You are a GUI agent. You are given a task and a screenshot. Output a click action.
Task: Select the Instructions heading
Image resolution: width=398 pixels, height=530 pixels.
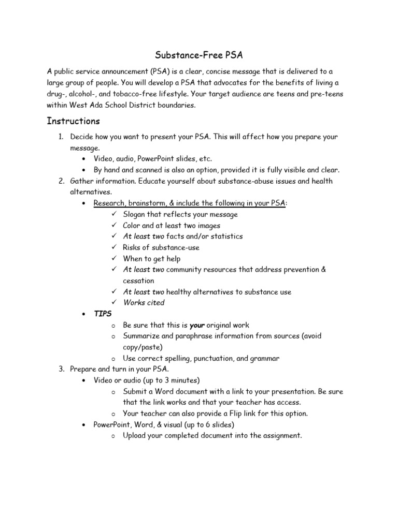[x=73, y=121]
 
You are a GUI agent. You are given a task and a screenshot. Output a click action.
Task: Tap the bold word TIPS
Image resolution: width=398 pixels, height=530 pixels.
[x=103, y=314]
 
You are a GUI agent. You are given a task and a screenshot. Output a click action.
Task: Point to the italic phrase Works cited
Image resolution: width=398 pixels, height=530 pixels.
[x=144, y=303]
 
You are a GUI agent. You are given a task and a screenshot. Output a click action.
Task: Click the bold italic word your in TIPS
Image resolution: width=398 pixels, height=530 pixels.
[x=197, y=325]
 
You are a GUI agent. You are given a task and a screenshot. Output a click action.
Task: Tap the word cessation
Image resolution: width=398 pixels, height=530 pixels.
[x=138, y=281]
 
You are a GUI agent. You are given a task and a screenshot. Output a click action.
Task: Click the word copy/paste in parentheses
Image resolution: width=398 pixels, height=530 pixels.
[x=143, y=347]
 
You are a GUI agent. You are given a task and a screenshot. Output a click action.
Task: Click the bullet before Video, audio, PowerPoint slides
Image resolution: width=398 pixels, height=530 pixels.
[x=84, y=159]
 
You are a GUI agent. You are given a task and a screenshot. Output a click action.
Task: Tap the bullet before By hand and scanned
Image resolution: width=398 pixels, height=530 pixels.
[x=84, y=170]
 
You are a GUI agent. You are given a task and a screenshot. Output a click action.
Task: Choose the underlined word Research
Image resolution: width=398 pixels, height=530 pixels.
[x=109, y=203]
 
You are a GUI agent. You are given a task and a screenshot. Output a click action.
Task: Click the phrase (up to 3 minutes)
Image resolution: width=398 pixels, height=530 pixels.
[x=175, y=380]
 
